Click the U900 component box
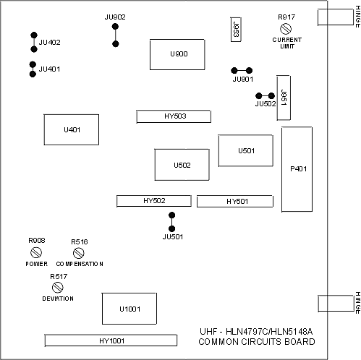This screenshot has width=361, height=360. point(177,54)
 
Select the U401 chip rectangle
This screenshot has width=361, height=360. point(72,129)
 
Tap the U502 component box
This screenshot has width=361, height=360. point(182,165)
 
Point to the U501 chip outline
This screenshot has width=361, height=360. point(246,150)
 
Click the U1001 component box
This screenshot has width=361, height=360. point(129,309)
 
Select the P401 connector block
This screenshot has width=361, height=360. point(297,169)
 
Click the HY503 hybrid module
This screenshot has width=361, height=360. point(174,116)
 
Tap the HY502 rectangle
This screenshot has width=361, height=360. point(154,201)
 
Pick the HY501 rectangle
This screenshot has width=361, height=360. point(235,201)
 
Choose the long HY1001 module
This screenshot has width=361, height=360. point(111,340)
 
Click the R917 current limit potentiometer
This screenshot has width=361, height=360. point(286,29)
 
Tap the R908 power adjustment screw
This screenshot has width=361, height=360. point(36,253)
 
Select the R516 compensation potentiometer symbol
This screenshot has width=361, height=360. point(78,253)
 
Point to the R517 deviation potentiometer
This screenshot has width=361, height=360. point(58,287)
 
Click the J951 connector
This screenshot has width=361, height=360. point(284,98)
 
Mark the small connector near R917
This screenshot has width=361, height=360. point(236,30)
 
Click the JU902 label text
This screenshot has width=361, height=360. point(115,17)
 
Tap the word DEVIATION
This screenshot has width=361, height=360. point(58,299)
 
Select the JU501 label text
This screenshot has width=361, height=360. point(173,237)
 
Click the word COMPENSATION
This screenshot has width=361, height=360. point(80,264)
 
